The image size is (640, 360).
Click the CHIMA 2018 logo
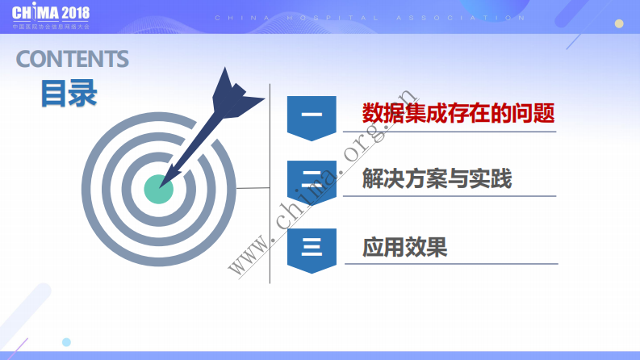click(50, 14)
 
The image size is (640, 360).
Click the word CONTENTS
click(72, 59)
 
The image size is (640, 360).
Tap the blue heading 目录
click(69, 94)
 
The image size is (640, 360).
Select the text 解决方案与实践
click(437, 178)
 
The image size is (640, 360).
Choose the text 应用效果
click(405, 246)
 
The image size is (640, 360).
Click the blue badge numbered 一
click(312, 116)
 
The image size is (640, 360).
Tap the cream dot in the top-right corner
click(619, 23)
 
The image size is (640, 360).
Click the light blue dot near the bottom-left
click(66, 342)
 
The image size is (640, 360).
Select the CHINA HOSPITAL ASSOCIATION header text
click(371, 17)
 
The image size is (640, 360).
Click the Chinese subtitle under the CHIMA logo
click(51, 27)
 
